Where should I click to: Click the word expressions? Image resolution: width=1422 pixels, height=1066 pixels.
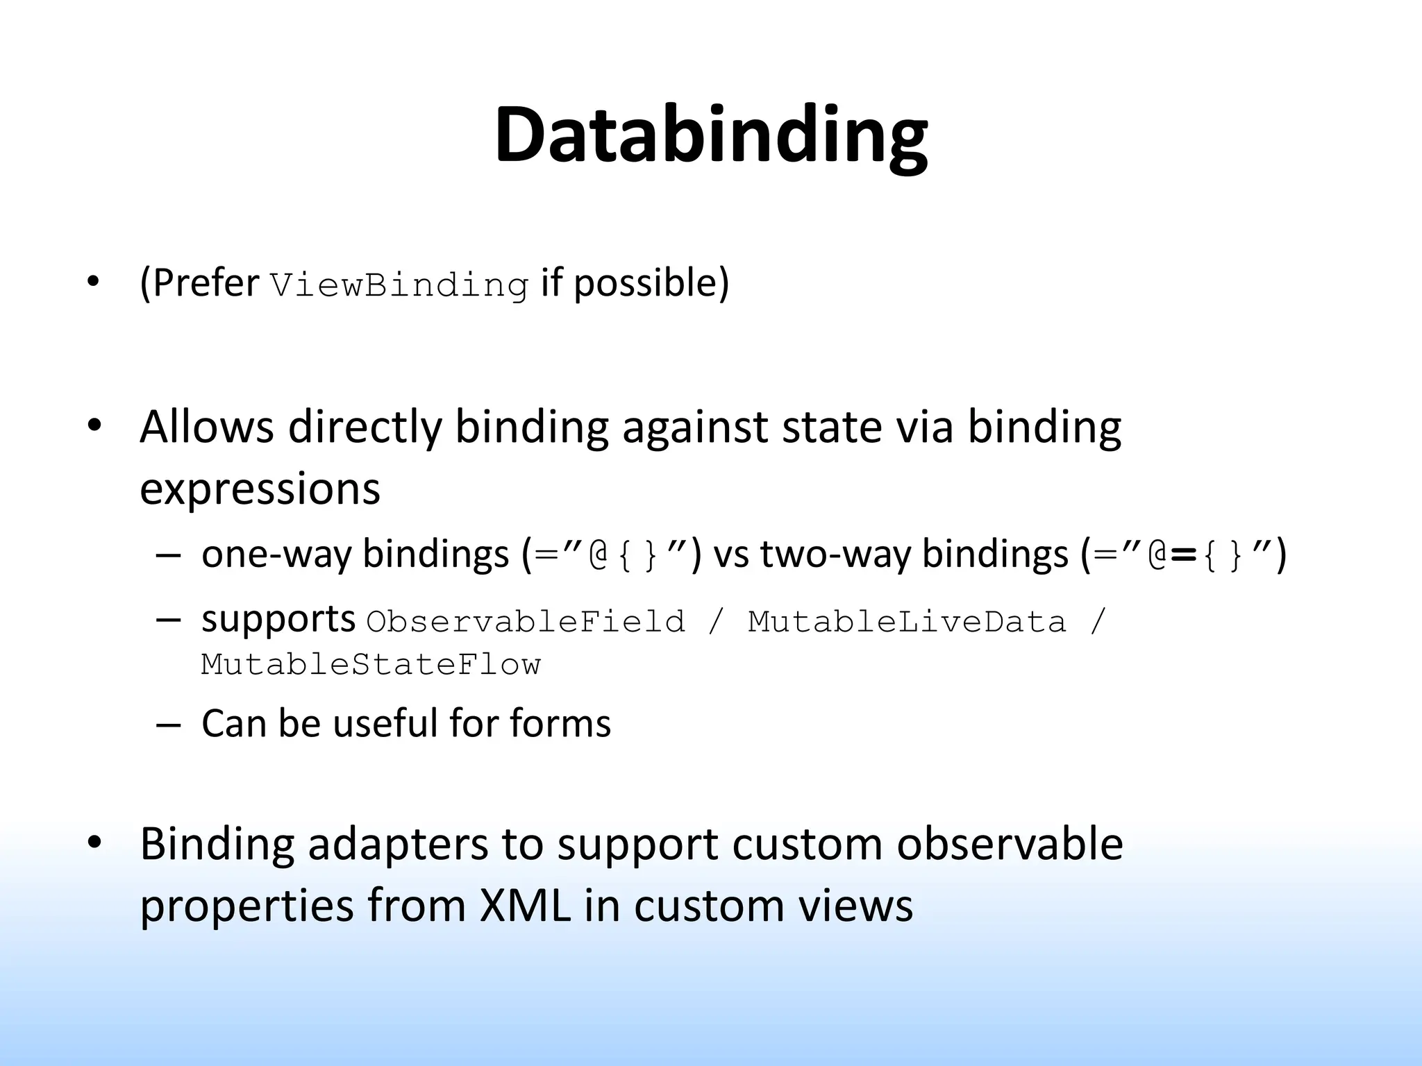[x=260, y=489]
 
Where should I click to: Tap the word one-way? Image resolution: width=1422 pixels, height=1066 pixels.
[x=276, y=555]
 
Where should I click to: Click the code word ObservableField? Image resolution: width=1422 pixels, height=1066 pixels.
[x=526, y=622]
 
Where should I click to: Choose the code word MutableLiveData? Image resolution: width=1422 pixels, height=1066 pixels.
[x=906, y=622]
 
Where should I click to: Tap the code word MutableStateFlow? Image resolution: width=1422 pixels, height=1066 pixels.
[x=371, y=665]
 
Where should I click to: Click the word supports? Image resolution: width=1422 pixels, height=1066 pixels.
[x=278, y=620]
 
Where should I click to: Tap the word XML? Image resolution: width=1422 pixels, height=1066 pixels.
[x=525, y=906]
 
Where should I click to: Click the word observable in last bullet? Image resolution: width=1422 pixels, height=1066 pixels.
[x=1010, y=844]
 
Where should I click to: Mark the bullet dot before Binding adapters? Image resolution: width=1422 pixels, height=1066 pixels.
[x=94, y=842]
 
